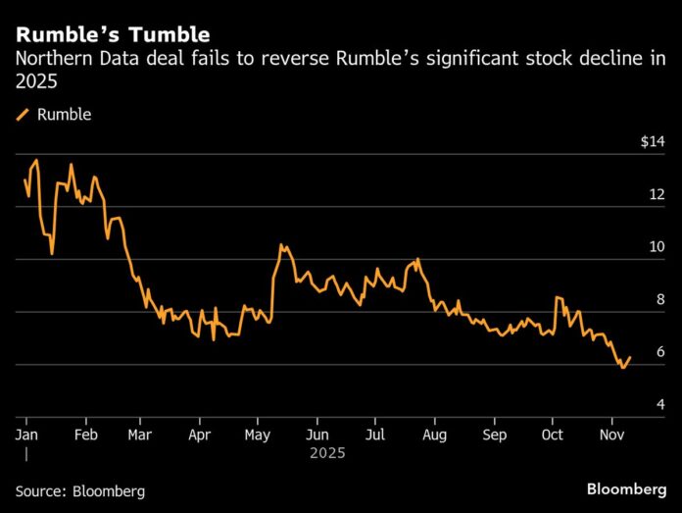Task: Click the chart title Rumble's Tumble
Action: click(113, 35)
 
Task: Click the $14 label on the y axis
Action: click(652, 142)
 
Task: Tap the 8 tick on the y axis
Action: click(658, 300)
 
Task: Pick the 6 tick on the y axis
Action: click(658, 353)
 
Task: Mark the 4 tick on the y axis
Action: click(658, 405)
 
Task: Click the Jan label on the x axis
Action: click(26, 434)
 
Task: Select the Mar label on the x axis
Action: click(143, 434)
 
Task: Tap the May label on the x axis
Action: click(258, 434)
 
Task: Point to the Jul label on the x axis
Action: click(375, 434)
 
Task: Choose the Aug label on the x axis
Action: click(435, 434)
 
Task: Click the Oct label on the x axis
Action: click(553, 434)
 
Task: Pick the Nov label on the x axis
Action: click(612, 434)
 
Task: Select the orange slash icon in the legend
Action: click(23, 115)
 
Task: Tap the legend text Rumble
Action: click(64, 115)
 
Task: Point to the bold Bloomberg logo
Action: click(625, 487)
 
